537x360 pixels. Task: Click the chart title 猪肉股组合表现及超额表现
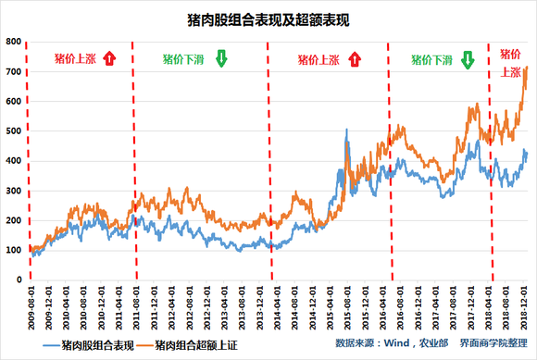(268, 18)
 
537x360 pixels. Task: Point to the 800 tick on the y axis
(15, 42)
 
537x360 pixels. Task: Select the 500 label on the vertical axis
(15, 130)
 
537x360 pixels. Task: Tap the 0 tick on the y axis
(20, 279)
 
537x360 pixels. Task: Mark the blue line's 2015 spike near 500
(346, 130)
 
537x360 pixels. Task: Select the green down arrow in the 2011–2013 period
(221, 60)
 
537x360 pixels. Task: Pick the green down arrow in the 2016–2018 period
(468, 60)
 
